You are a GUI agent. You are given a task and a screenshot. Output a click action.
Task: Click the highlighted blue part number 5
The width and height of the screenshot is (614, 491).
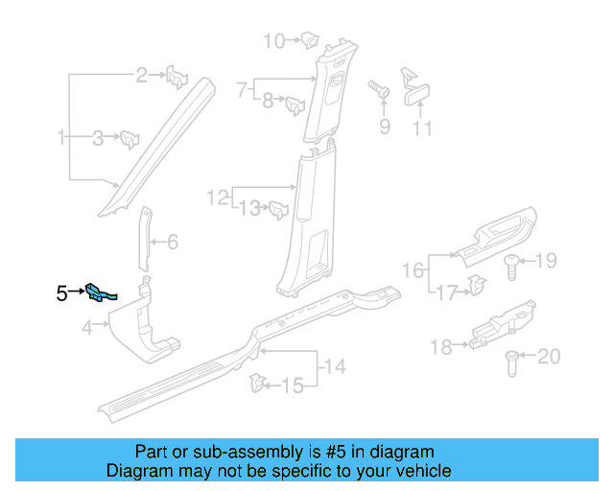(x=99, y=292)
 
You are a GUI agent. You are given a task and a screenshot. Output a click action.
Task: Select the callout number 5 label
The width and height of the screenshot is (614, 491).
(x=61, y=293)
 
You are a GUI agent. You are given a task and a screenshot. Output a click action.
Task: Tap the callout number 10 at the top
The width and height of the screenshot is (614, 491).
(x=274, y=40)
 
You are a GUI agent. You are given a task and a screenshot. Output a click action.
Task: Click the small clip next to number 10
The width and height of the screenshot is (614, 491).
(x=310, y=40)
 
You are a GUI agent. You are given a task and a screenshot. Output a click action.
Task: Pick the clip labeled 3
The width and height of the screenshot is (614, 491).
(x=129, y=139)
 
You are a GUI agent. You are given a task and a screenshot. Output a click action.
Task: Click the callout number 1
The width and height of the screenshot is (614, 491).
(x=61, y=139)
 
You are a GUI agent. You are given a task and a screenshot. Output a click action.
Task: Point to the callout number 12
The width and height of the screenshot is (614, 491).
(x=217, y=199)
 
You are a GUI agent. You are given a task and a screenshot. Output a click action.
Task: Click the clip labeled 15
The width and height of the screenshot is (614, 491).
(x=256, y=385)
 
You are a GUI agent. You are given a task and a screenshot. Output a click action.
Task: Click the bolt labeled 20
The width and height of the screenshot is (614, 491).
(x=510, y=362)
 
